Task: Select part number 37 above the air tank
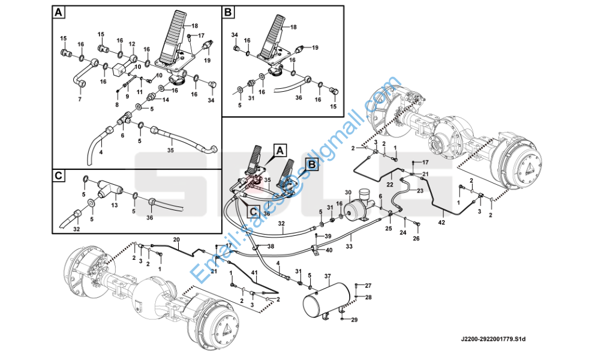(x=327, y=276)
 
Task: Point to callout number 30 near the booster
(x=347, y=193)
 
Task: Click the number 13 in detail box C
(x=114, y=205)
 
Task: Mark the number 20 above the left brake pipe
(x=176, y=239)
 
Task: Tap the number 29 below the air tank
(x=354, y=320)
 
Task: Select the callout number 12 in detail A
(x=131, y=44)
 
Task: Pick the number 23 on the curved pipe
(x=420, y=190)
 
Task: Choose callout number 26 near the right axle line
(x=416, y=238)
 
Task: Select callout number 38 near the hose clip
(x=271, y=247)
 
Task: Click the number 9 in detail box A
(x=127, y=96)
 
